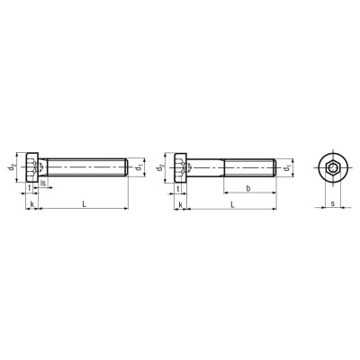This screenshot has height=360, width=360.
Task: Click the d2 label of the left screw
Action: click(12, 167)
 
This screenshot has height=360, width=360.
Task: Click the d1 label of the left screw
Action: click(139, 167)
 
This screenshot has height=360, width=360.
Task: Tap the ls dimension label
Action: click(43, 183)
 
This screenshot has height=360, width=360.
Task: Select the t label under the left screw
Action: click(30, 187)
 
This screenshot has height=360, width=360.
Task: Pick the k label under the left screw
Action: click(32, 204)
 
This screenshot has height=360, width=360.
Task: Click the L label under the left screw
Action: click(85, 204)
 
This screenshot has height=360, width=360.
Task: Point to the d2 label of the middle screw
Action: click(161, 167)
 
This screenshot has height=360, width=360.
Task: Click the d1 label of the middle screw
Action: click(287, 167)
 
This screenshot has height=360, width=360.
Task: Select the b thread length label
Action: click(248, 188)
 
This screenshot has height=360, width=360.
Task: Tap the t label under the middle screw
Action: click(178, 189)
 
